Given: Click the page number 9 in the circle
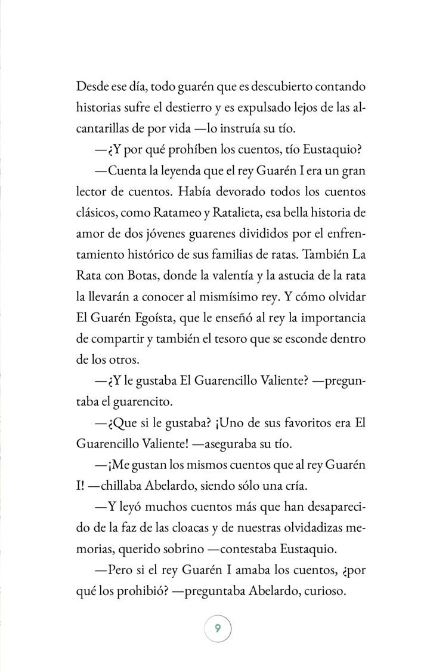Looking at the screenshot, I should (218, 628).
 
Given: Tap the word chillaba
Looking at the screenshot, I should (126, 487).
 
